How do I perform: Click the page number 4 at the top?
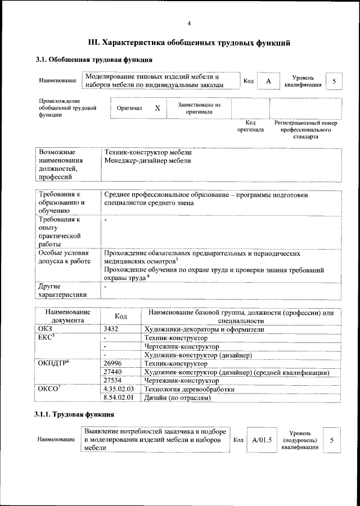tap(189, 23)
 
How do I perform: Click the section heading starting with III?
tap(189, 42)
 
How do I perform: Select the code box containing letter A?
tap(268, 81)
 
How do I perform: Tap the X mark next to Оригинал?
tap(157, 108)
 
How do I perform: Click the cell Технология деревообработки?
tap(189, 389)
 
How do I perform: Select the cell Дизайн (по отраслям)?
tap(177, 397)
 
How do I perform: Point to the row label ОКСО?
tap(49, 389)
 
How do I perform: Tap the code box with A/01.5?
tap(262, 440)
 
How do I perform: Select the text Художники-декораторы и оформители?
tap(204, 329)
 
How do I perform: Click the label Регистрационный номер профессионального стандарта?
tap(305, 129)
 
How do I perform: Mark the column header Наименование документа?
tap(68, 316)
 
